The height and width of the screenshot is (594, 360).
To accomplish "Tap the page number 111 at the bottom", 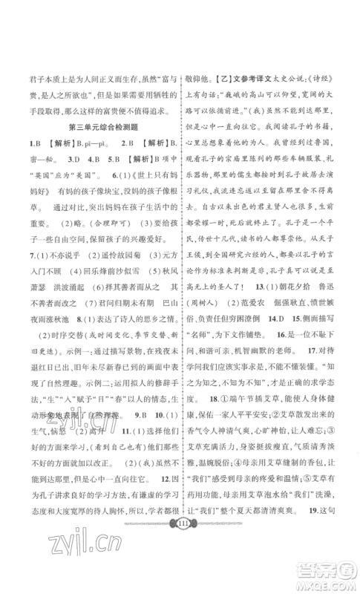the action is coord(179,543).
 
